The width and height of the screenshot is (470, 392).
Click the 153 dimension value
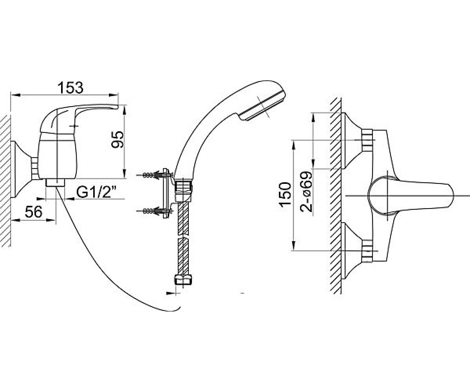(x=70, y=88)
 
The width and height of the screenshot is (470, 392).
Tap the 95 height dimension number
(x=118, y=140)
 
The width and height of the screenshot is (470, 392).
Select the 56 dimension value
(x=34, y=212)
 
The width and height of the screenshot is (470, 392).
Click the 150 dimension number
(x=285, y=194)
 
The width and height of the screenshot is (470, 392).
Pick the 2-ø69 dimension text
(x=306, y=192)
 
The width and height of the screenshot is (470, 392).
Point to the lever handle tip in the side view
(x=116, y=107)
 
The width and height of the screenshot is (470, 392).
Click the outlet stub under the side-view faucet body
(x=55, y=183)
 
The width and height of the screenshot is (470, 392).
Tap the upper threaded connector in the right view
(x=367, y=140)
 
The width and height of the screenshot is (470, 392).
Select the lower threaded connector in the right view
(x=367, y=251)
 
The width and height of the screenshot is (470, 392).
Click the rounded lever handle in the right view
(x=410, y=196)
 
